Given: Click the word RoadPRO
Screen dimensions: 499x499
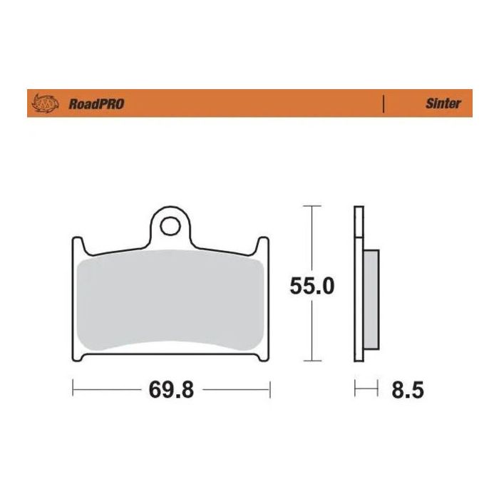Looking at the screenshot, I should (x=96, y=104).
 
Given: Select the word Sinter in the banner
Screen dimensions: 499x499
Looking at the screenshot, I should (x=443, y=103).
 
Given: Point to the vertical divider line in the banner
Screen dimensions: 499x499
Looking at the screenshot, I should (x=384, y=103).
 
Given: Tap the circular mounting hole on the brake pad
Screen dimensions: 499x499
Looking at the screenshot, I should (x=170, y=226).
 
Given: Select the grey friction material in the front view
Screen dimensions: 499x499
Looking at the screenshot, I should (x=170, y=303).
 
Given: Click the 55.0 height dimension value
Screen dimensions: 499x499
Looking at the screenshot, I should (x=312, y=285).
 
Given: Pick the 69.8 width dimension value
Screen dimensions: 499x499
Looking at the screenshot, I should (x=171, y=390).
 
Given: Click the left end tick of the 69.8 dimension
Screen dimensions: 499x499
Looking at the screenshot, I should (x=73, y=390).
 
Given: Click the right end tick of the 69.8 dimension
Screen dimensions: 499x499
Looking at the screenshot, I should (x=270, y=390).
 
